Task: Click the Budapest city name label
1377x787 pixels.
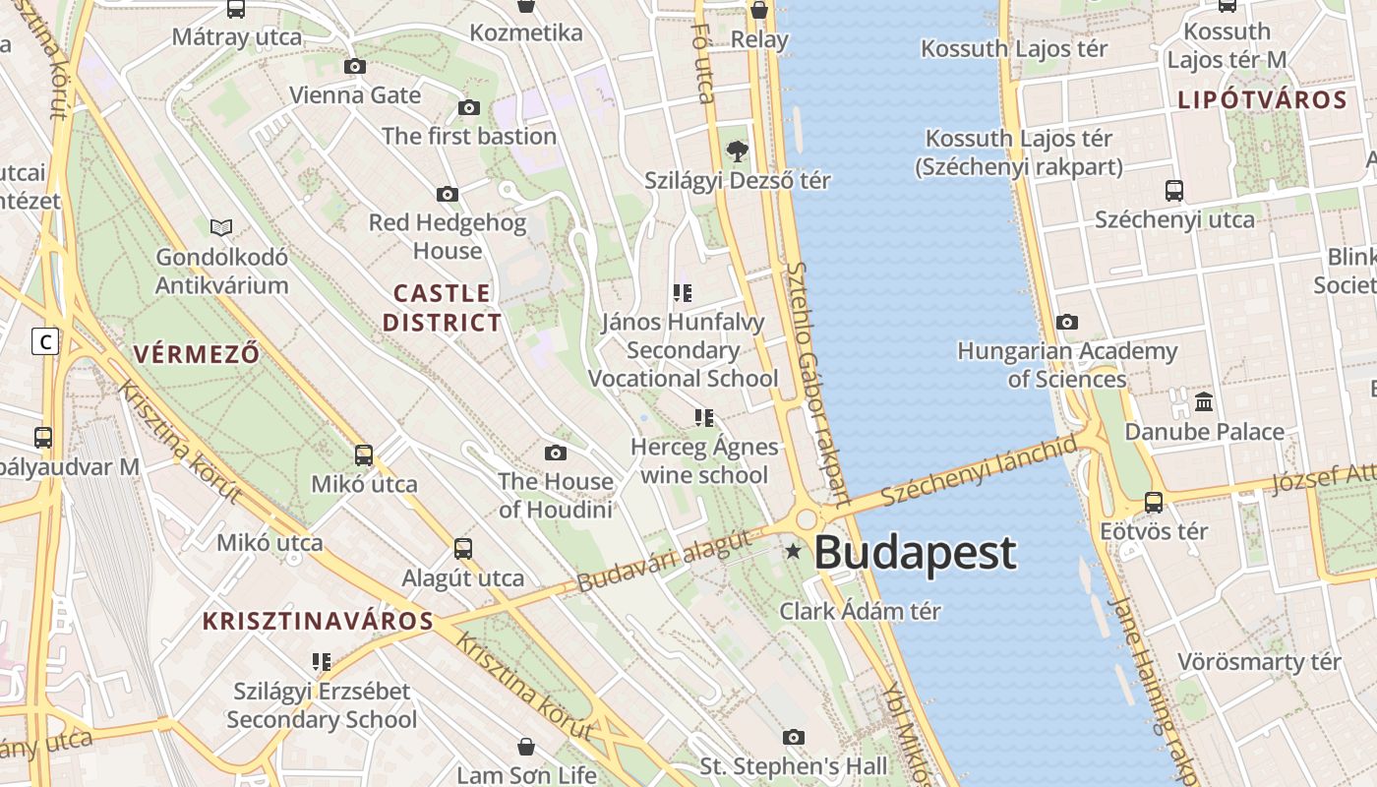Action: [x=915, y=553]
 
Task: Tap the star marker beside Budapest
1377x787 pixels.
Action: [x=793, y=551]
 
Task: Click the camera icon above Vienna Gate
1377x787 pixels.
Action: [x=355, y=66]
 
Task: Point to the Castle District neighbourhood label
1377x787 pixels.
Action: [x=442, y=308]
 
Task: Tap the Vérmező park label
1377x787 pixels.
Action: [x=197, y=354]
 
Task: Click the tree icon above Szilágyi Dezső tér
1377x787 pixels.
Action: [x=737, y=151]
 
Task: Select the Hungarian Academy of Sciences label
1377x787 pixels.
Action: [x=1067, y=365]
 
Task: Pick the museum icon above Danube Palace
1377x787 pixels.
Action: [x=1203, y=401]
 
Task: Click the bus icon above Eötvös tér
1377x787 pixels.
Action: [x=1154, y=503]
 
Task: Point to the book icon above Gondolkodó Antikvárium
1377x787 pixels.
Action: [x=221, y=228]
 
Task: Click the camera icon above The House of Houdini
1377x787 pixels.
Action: [x=556, y=453]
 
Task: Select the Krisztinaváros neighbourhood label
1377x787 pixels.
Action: [x=318, y=622]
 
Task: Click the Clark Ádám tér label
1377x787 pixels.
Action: [x=860, y=611]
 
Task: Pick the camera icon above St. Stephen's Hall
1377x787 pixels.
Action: [x=794, y=737]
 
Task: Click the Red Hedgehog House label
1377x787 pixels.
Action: [x=448, y=237]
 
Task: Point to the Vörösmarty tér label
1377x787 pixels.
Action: [x=1259, y=662]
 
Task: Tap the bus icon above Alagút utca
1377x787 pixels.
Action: [x=463, y=548]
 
